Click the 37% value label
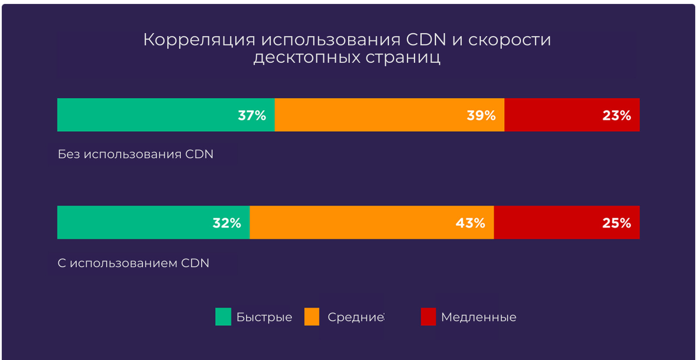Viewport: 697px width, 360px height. pos(252,115)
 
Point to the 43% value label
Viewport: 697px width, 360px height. pos(470,223)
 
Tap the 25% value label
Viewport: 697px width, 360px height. pos(616,223)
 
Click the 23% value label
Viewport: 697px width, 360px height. pos(616,115)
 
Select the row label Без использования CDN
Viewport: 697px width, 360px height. pos(135,154)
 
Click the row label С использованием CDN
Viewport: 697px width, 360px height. pos(133,263)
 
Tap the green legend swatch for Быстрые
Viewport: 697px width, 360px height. pos(223,317)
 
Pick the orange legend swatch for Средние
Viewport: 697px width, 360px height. pos(312,317)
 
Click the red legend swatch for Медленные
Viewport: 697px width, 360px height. pos(428,317)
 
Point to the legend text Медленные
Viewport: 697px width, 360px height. pos(479,317)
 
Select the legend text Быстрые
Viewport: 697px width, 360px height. pos(264,317)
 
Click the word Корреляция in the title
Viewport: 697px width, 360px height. pos(199,40)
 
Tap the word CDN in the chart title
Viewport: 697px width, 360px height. pos(426,40)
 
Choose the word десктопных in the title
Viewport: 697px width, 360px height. pos(307,58)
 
